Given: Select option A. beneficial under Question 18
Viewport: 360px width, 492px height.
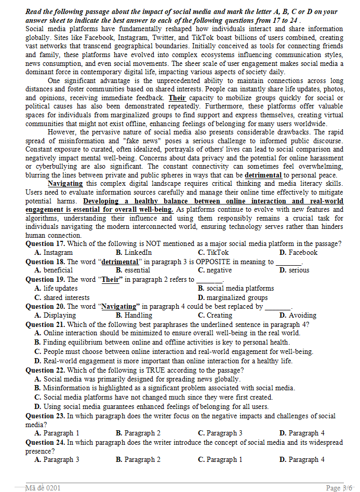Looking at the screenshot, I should click(x=53, y=270).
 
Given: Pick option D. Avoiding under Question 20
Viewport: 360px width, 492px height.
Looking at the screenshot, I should click(x=298, y=316).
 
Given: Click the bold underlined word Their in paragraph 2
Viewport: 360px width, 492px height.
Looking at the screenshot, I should click(x=177, y=98).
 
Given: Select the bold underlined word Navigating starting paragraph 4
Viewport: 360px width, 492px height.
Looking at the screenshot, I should click(x=65, y=184).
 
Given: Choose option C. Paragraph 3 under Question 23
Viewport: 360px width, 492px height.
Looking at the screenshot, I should click(x=220, y=433).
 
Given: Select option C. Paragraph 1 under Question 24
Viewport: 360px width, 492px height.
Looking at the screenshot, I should click(x=220, y=460).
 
